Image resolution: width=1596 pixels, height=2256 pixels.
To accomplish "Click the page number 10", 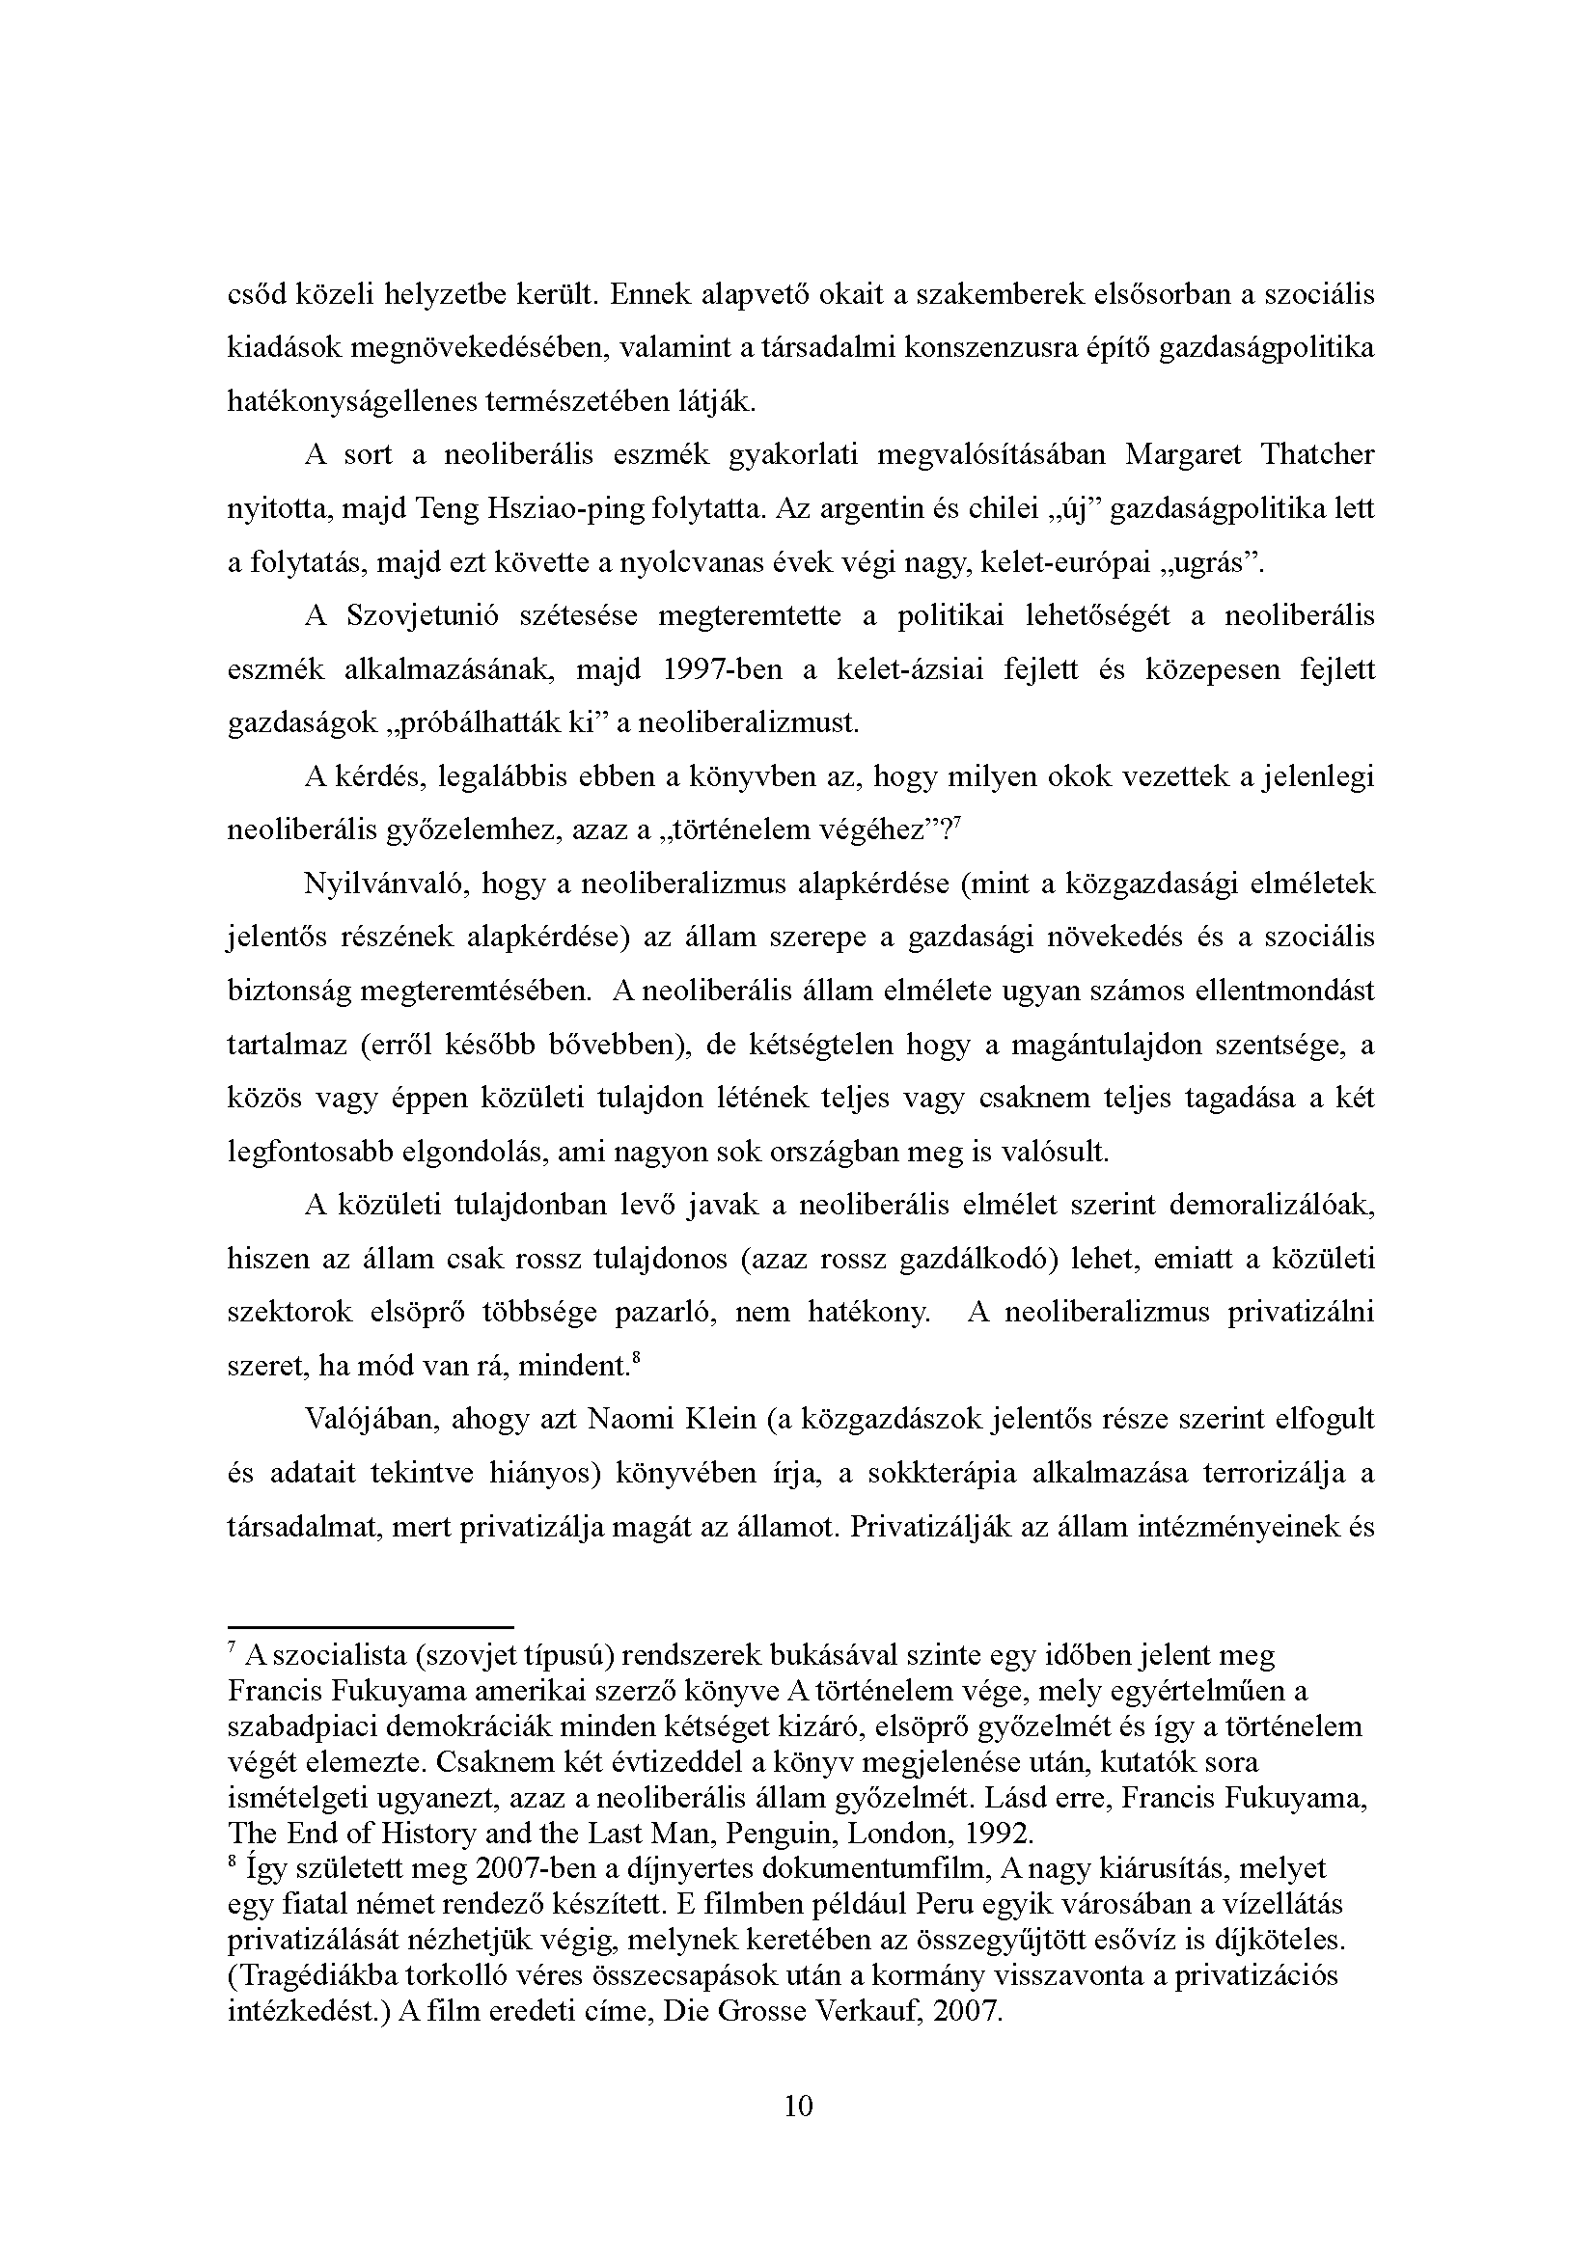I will pyautogui.click(x=799, y=2106).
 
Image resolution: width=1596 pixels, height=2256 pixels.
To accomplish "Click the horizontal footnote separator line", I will pyautogui.click(x=371, y=1627).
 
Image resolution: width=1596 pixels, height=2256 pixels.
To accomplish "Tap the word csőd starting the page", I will pyautogui.click(x=255, y=294).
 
